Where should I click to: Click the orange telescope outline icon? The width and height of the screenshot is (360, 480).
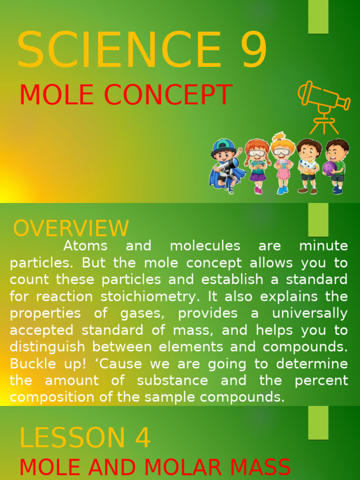pos(323,105)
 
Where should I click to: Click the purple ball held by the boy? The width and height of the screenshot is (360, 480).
pos(329,167)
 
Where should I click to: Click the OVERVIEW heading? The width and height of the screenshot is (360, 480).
pos(71,228)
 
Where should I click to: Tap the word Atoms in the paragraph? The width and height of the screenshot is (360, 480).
pos(85,246)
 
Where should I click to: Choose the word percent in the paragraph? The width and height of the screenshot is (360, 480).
pos(321,380)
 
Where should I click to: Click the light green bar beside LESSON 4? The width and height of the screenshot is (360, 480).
pos(318,422)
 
